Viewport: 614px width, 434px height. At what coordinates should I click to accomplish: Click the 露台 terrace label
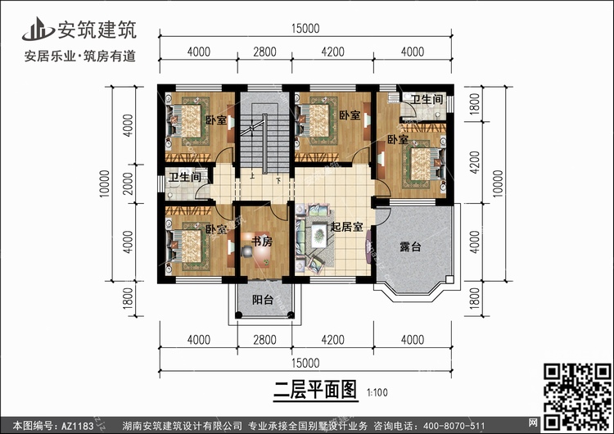(410, 246)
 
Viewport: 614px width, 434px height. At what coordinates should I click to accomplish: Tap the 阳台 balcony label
(262, 300)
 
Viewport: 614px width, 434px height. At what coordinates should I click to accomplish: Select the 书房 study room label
(262, 242)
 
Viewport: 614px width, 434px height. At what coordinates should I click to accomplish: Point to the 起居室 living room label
(346, 227)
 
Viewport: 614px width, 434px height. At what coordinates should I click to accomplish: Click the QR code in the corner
(578, 396)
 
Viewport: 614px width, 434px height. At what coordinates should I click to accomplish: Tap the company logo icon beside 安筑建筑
(38, 29)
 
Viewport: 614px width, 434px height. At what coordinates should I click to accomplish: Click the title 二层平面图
(315, 390)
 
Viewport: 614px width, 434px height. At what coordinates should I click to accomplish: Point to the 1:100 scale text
(377, 392)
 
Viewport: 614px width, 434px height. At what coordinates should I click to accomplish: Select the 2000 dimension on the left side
(128, 183)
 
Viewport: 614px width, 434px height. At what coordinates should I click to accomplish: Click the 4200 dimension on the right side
(474, 163)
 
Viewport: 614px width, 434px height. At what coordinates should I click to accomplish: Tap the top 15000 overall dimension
(305, 29)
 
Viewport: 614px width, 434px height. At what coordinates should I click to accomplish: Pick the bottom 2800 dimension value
(264, 340)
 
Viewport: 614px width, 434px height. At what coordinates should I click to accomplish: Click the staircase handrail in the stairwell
(265, 143)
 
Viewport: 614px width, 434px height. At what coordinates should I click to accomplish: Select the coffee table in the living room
(318, 235)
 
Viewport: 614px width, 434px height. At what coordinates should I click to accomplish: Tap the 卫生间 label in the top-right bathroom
(427, 99)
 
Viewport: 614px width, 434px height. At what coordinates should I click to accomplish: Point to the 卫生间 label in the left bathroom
(185, 178)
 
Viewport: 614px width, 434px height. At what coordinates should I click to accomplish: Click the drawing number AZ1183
(78, 426)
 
